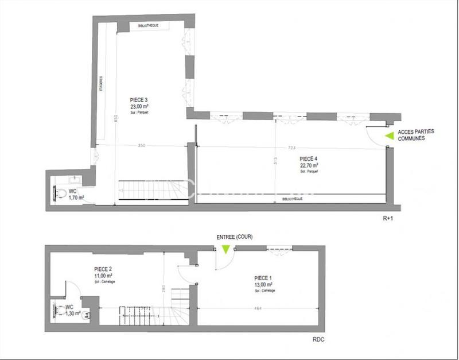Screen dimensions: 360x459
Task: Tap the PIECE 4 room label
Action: pos(309,158)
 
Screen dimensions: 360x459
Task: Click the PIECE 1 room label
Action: pos(263,278)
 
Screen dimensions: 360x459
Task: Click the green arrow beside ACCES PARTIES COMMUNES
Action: pos(390,136)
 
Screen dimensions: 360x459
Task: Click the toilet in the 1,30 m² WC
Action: pos(61,312)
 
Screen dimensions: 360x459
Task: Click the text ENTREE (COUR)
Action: pos(234,237)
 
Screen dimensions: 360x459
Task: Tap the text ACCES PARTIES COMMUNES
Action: pos(415,135)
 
